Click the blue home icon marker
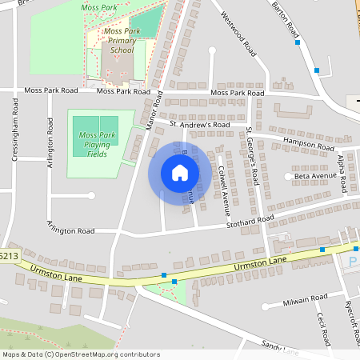pos(180,173)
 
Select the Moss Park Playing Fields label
pos(97,144)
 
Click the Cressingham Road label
pos(15,131)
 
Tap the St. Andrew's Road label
pos(200,126)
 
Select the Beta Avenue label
pos(316,175)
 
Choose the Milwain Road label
pos(306,300)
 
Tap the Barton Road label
pos(286,20)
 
